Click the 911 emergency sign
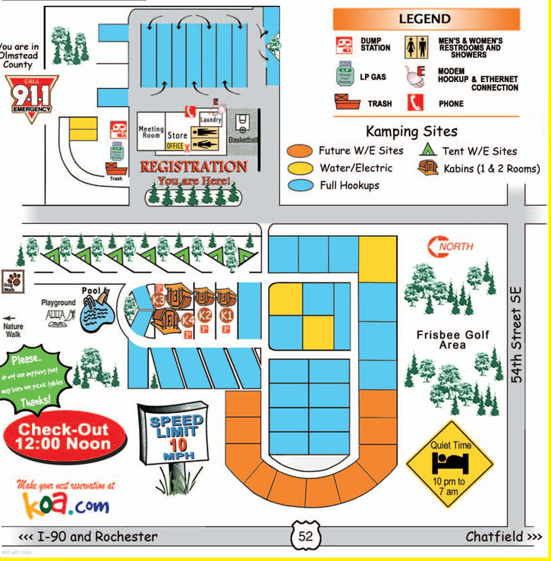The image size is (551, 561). tap(31, 97)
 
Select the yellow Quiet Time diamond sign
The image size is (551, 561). tap(450, 462)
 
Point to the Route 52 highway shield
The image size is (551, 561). tap(305, 537)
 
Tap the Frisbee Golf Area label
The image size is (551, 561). tap(453, 339)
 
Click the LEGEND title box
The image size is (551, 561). tap(426, 19)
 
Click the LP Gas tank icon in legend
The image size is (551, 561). tap(345, 74)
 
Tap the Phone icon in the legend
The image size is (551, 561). tap(414, 102)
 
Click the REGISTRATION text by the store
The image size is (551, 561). tap(194, 166)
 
